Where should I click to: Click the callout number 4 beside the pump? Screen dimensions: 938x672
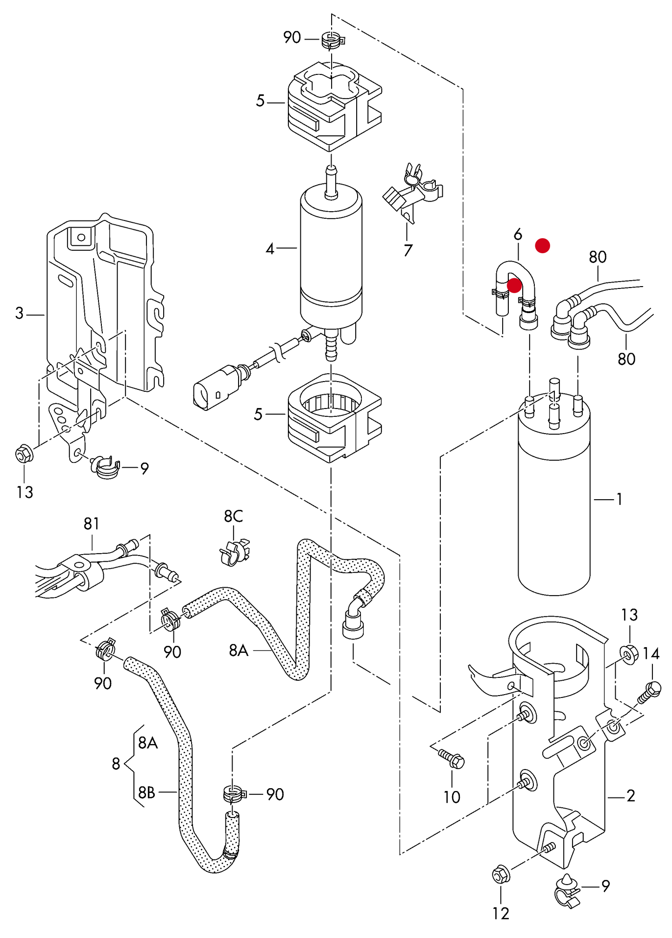pyautogui.click(x=270, y=249)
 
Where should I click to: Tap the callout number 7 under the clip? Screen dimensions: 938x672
pyautogui.click(x=408, y=250)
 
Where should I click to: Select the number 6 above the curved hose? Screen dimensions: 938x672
pyautogui.click(x=518, y=234)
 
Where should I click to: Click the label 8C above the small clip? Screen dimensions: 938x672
pyautogui.click(x=233, y=516)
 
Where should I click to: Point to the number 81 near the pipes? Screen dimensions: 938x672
pyautogui.click(x=92, y=524)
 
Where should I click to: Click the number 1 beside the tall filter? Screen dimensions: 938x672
pyautogui.click(x=619, y=499)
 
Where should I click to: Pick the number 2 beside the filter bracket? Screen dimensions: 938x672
pyautogui.click(x=631, y=796)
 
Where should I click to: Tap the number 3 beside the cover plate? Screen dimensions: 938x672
pyautogui.click(x=19, y=313)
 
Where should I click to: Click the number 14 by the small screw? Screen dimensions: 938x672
pyautogui.click(x=651, y=654)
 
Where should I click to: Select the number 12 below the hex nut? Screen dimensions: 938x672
pyautogui.click(x=501, y=914)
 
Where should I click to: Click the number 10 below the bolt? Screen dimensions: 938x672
pyautogui.click(x=452, y=797)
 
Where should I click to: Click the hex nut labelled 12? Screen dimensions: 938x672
pyautogui.click(x=501, y=875)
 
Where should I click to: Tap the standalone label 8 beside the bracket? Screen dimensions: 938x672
pyautogui.click(x=116, y=764)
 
